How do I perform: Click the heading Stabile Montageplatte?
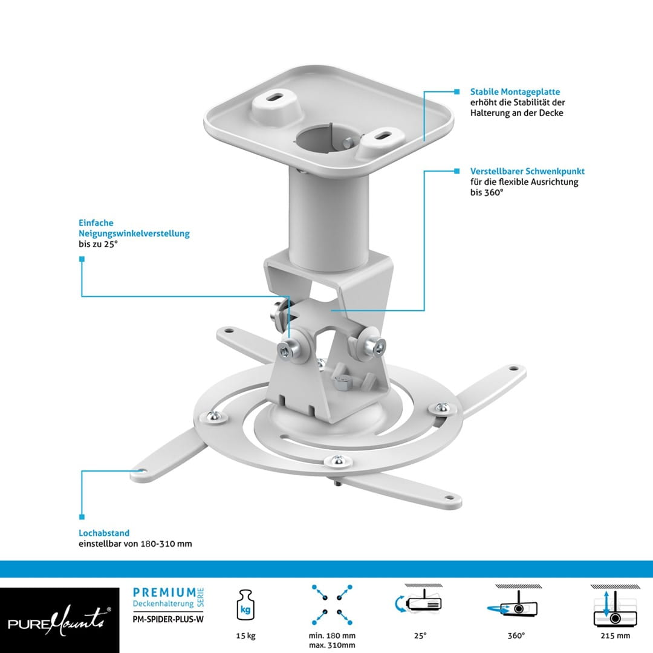[x=515, y=92]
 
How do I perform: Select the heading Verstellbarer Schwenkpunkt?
[x=527, y=171]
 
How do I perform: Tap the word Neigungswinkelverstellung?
[x=134, y=233]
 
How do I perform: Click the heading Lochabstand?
[x=104, y=533]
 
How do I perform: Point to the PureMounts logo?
[x=59, y=620]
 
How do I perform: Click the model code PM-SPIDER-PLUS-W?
[x=168, y=619]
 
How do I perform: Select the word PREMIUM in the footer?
[x=164, y=593]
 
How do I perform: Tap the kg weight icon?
[x=245, y=605]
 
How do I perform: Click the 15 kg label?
[x=245, y=635]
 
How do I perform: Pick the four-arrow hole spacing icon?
[x=332, y=605]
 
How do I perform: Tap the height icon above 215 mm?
[x=615, y=606]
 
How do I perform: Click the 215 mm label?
[x=615, y=635]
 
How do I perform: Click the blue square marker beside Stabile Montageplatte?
[x=457, y=92]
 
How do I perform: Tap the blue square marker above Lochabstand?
[x=82, y=517]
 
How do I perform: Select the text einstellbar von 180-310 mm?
[x=135, y=544]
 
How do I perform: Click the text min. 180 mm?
[x=332, y=635]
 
